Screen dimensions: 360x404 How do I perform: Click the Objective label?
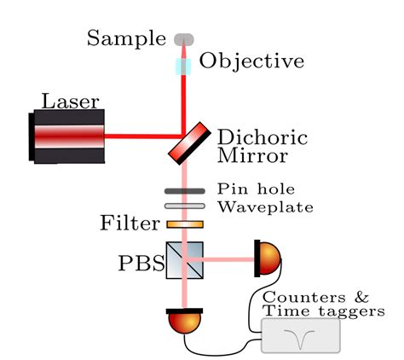click(x=251, y=61)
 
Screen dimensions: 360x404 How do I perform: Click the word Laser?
click(x=69, y=102)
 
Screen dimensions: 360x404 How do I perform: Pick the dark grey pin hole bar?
click(x=185, y=191)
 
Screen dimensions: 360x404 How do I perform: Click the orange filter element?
click(x=185, y=224)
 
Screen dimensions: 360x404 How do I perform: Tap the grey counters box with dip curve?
click(x=300, y=335)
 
